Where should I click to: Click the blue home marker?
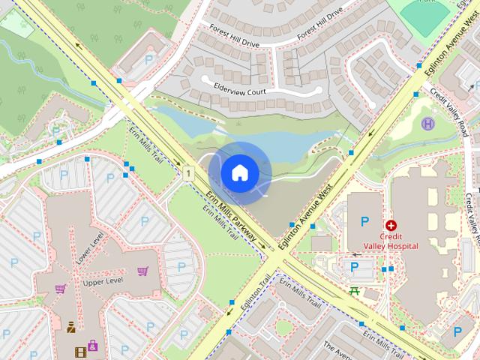tap(239, 172)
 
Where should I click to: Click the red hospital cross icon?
tap(390, 225)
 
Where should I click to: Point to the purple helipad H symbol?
tap(428, 124)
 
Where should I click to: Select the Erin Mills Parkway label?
tap(233, 220)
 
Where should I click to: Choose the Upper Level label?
tap(103, 283)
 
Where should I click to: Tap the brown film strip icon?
tap(80, 351)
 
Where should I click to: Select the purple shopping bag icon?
tap(92, 345)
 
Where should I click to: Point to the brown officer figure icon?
tap(70, 327)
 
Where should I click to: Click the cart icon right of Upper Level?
tap(142, 271)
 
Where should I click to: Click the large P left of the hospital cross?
tap(364, 221)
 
